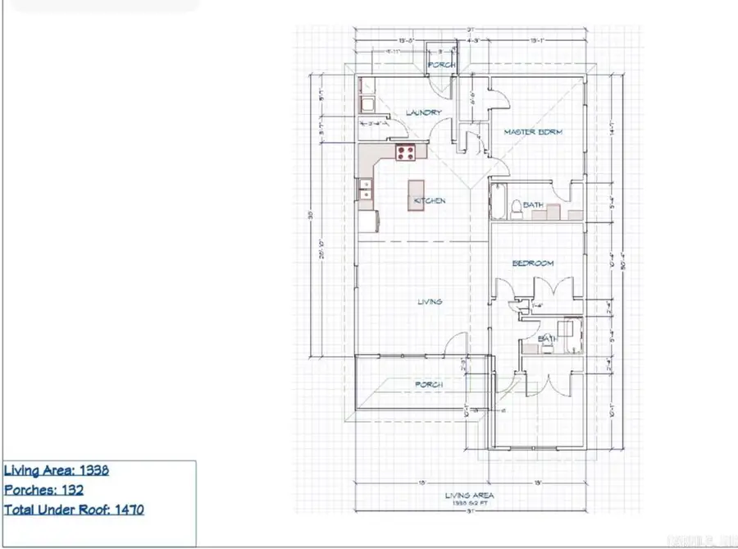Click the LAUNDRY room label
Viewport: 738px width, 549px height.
[423, 112]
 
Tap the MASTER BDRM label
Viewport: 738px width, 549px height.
[533, 132]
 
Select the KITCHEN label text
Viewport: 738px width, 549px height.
[430, 201]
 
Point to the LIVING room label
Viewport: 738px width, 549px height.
[429, 302]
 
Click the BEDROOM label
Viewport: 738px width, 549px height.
[532, 263]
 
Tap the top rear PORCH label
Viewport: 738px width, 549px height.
[440, 65]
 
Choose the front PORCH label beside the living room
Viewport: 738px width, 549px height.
[428, 384]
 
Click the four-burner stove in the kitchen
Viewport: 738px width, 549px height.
[406, 151]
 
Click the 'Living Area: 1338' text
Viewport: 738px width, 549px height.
[57, 470]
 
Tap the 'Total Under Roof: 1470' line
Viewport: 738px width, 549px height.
[75, 510]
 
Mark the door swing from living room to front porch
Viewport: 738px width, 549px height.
[456, 344]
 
